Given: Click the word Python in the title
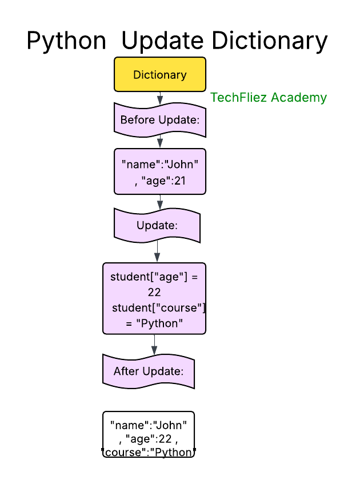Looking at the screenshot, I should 66,41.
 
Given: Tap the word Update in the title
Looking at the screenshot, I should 162,41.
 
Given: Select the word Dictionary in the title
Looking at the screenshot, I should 270,41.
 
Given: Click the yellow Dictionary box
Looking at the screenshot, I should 160,75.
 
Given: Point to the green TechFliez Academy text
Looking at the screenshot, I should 269,98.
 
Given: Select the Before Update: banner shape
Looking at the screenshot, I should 160,121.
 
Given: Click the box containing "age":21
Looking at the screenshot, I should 160,171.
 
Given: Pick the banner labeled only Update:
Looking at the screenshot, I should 157,225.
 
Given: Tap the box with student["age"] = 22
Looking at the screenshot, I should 154,298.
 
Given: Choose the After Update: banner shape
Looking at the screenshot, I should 149,371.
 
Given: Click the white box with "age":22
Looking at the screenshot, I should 149,434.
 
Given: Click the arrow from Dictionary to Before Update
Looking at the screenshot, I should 160,98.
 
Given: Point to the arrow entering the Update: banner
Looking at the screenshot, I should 160,202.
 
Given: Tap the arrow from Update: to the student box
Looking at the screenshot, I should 157,251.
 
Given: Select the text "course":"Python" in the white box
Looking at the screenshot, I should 149,452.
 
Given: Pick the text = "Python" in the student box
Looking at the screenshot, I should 154,323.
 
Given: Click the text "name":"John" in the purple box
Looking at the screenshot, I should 160,165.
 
